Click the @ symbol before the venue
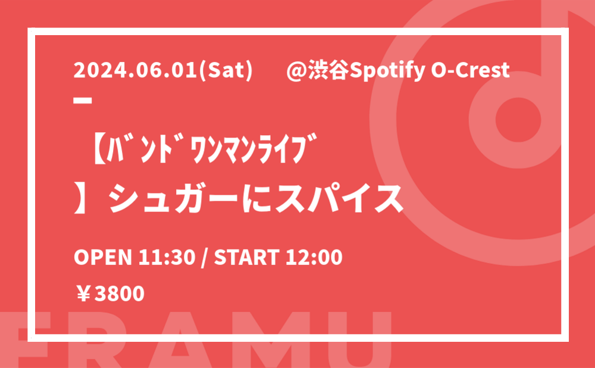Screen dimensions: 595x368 pos(297,71)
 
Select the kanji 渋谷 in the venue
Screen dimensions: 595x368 pos(328,71)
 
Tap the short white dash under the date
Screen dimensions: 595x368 pos(83,100)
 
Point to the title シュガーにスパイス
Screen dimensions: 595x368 pos(256,199)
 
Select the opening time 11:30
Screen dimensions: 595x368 pos(167,257)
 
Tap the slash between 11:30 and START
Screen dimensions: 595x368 pos(205,258)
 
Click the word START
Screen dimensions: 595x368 pos(247,257)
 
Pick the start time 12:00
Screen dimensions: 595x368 pos(314,257)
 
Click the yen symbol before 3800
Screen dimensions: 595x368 pos(83,294)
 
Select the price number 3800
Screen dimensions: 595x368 pos(120,294)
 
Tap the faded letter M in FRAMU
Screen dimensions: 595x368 pos(273,340)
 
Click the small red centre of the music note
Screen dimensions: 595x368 pos(518,119)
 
